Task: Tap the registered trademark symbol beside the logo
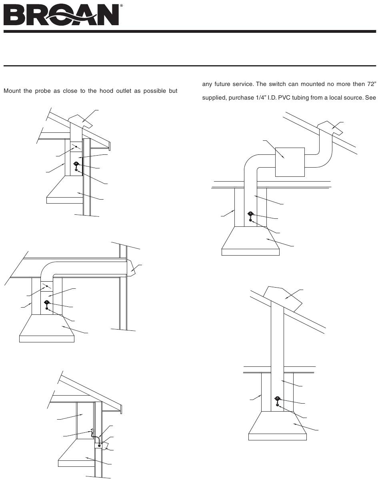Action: click(x=121, y=6)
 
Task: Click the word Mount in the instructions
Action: click(x=12, y=91)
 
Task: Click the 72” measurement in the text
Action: click(x=372, y=84)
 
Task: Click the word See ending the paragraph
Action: click(x=370, y=98)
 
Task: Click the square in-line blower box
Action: click(x=290, y=162)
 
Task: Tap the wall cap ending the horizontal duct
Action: click(x=131, y=268)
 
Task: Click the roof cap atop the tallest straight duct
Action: click(x=282, y=299)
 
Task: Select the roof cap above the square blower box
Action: click(x=330, y=128)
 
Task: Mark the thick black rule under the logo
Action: click(x=190, y=32)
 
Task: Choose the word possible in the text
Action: click(x=154, y=91)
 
